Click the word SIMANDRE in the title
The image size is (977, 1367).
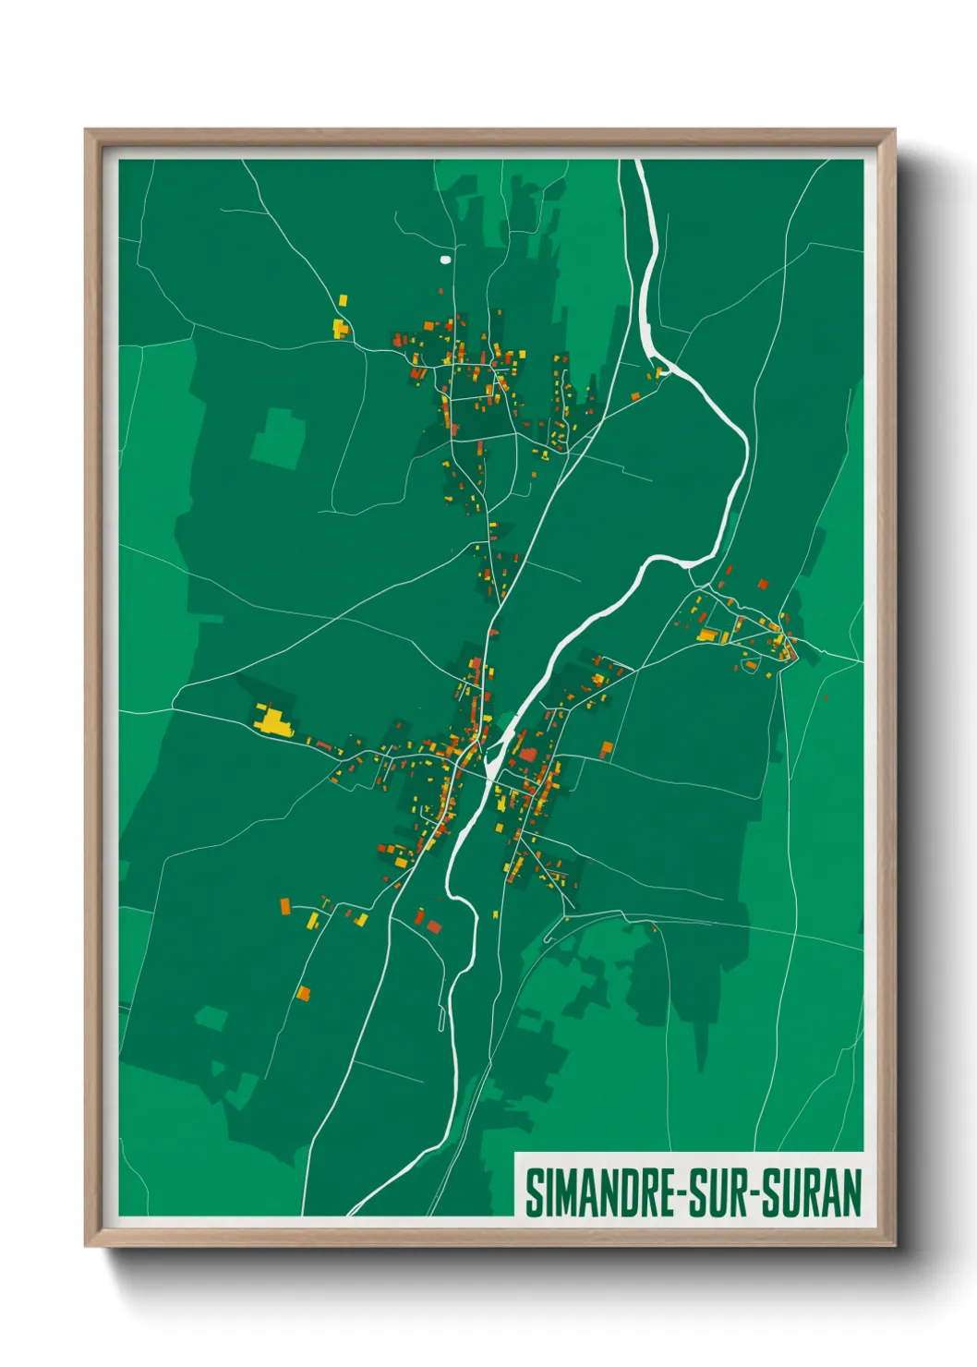601,1192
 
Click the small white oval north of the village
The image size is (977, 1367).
446,260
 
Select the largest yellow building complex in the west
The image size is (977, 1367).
273,720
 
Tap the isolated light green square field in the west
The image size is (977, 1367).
278,437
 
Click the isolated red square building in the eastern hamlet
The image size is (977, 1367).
763,584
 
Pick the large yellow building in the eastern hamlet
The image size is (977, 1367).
709,635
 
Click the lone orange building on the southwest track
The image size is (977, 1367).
303,994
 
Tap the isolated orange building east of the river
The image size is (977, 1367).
607,748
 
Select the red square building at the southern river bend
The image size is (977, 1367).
433,925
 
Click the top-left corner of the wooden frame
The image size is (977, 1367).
87,131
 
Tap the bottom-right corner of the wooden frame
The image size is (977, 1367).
893,1244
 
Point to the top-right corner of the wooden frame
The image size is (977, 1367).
893,131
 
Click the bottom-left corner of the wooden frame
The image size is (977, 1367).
87,1244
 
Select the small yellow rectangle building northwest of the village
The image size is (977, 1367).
344,300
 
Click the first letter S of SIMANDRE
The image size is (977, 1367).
533,1192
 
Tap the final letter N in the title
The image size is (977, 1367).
851,1192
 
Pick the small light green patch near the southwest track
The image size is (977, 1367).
211,1019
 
